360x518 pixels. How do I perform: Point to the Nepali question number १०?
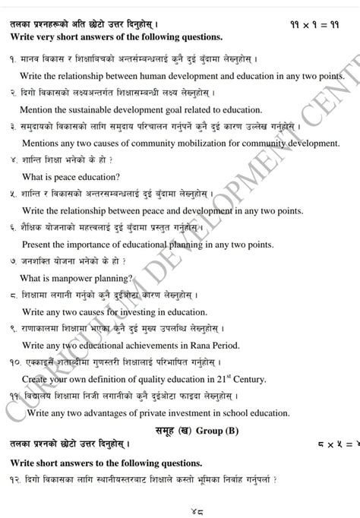pyautogui.click(x=16, y=363)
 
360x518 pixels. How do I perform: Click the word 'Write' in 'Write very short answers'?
pyautogui.click(x=24, y=36)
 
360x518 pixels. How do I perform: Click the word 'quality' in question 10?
pyautogui.click(x=157, y=379)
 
